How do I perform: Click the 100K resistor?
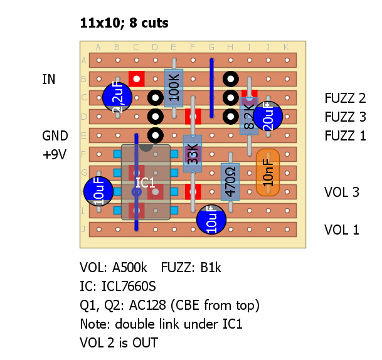174,88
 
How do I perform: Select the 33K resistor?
193,154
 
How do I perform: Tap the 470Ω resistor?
230,182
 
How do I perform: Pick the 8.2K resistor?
249,116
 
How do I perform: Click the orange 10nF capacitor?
268,172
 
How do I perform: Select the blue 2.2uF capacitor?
117,97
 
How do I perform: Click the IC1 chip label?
146,183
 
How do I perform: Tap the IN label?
48,79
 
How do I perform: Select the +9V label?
54,154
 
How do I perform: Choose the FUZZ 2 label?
345,98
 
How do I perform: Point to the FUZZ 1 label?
345,135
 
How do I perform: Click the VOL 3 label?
342,192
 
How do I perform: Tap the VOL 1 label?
342,230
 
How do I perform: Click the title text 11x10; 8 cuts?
124,23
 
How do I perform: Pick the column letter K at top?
286,47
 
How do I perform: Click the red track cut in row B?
136,78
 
